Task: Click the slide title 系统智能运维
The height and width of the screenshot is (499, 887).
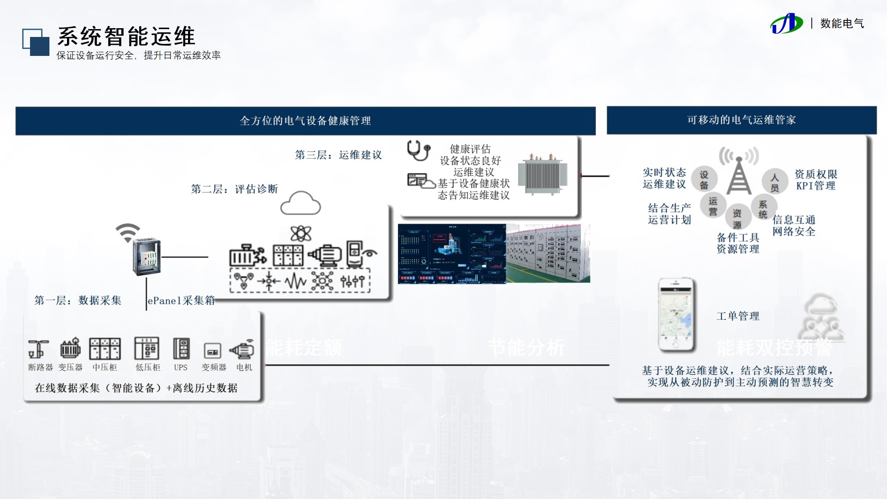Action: click(x=126, y=36)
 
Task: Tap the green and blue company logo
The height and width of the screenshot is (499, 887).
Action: click(x=786, y=24)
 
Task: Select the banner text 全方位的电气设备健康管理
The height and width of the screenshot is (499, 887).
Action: click(x=305, y=121)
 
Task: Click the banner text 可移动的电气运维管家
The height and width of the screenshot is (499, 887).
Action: click(x=741, y=120)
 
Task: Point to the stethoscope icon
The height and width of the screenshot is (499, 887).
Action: click(x=418, y=150)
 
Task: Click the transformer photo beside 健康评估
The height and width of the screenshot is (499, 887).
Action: click(x=542, y=174)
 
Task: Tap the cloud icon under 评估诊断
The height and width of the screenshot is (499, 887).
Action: click(x=300, y=203)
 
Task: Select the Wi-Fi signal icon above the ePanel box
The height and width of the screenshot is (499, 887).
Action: click(x=128, y=232)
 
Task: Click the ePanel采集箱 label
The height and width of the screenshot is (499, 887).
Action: click(x=181, y=300)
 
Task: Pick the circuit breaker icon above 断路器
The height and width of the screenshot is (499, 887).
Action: click(x=38, y=349)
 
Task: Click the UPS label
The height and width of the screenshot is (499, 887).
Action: click(x=181, y=368)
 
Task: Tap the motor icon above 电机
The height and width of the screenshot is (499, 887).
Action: click(x=243, y=349)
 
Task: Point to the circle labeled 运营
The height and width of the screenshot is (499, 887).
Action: click(x=713, y=206)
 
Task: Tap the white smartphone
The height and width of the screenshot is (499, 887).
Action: click(x=677, y=315)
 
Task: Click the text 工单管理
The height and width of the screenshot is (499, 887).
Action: click(x=738, y=316)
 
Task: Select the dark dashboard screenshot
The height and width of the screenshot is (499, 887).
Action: click(x=452, y=254)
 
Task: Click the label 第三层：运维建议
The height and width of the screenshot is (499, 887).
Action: click(x=339, y=155)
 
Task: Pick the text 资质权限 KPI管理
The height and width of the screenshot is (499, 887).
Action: click(x=816, y=180)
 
